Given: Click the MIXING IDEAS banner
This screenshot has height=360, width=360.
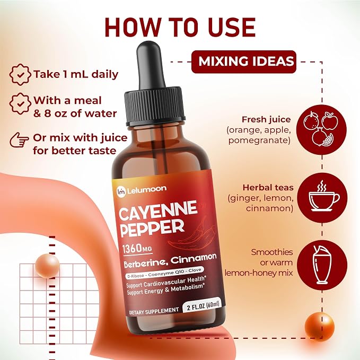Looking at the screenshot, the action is (243, 62).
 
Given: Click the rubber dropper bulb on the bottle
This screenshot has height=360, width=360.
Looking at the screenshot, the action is (150, 65).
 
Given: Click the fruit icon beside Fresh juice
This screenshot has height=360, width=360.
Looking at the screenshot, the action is (321, 129).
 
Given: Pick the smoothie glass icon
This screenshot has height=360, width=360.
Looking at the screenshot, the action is (322, 265).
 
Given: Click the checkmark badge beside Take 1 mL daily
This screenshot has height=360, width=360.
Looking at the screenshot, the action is (20, 75).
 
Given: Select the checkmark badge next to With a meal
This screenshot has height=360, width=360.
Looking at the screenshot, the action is (20, 104).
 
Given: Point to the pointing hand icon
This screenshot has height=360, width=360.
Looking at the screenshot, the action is (19, 139).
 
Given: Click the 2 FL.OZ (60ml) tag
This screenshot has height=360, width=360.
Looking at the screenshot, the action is (203, 305).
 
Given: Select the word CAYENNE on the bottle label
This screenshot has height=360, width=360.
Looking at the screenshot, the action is (158, 210).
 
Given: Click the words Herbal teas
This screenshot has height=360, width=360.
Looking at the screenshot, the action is (268, 188).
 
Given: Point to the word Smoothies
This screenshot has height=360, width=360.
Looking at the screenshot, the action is (272, 252).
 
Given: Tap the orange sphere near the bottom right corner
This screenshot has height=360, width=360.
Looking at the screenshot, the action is (319, 326).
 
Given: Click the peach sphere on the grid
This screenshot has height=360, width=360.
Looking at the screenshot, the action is (48, 266).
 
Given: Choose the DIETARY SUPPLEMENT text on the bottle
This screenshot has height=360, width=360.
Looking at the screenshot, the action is (154, 311).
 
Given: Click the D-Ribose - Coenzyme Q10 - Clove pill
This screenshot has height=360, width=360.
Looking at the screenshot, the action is (164, 273).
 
